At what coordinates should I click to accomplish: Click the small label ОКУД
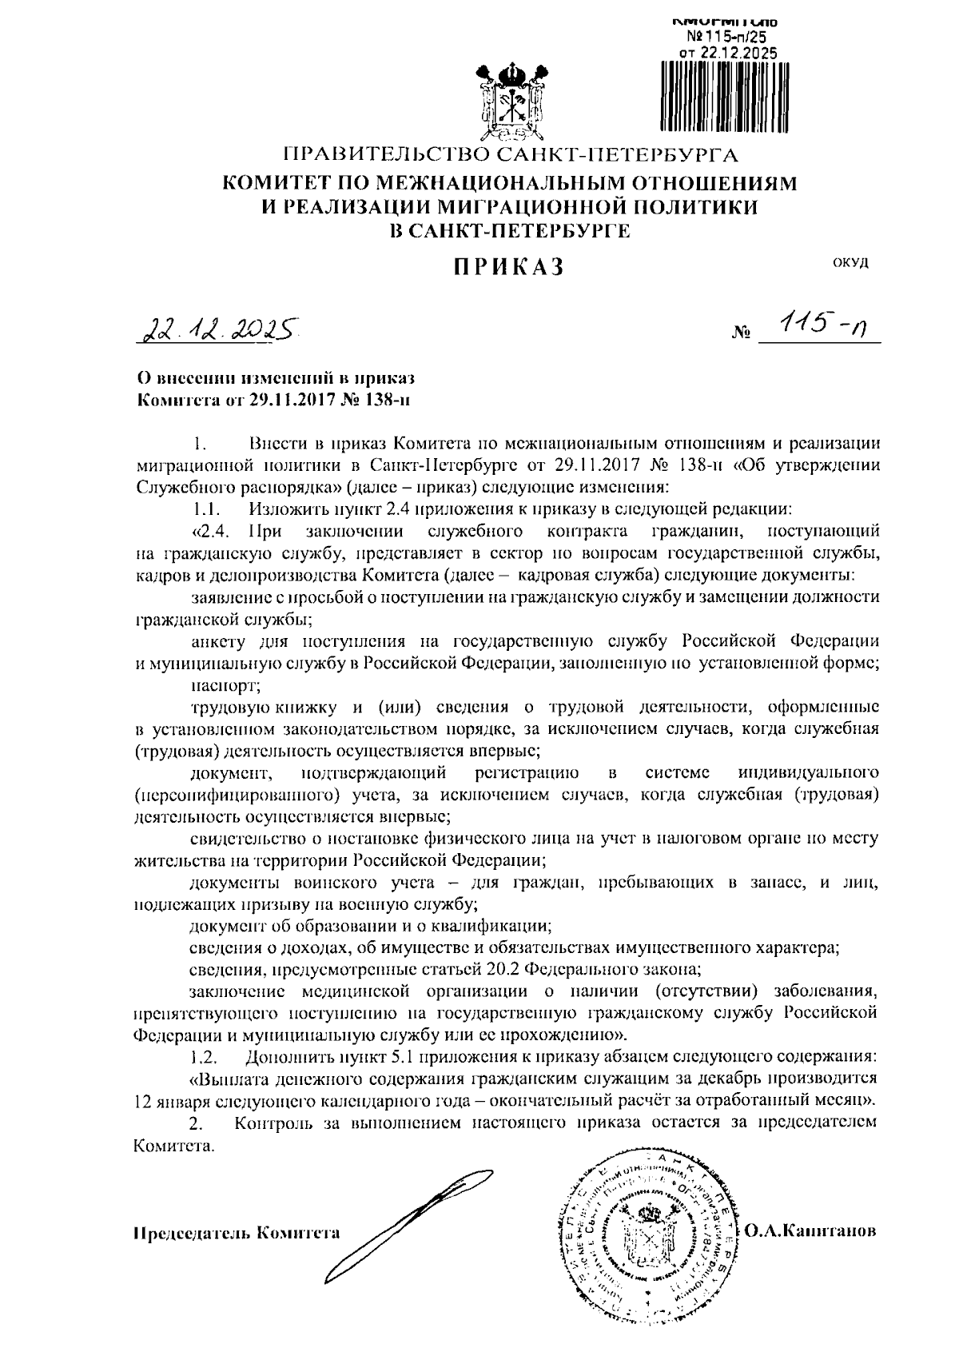(x=850, y=262)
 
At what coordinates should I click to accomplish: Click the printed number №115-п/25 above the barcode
(x=726, y=37)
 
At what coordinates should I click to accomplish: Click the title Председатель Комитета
(x=236, y=1232)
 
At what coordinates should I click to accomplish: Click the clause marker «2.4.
(x=211, y=530)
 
